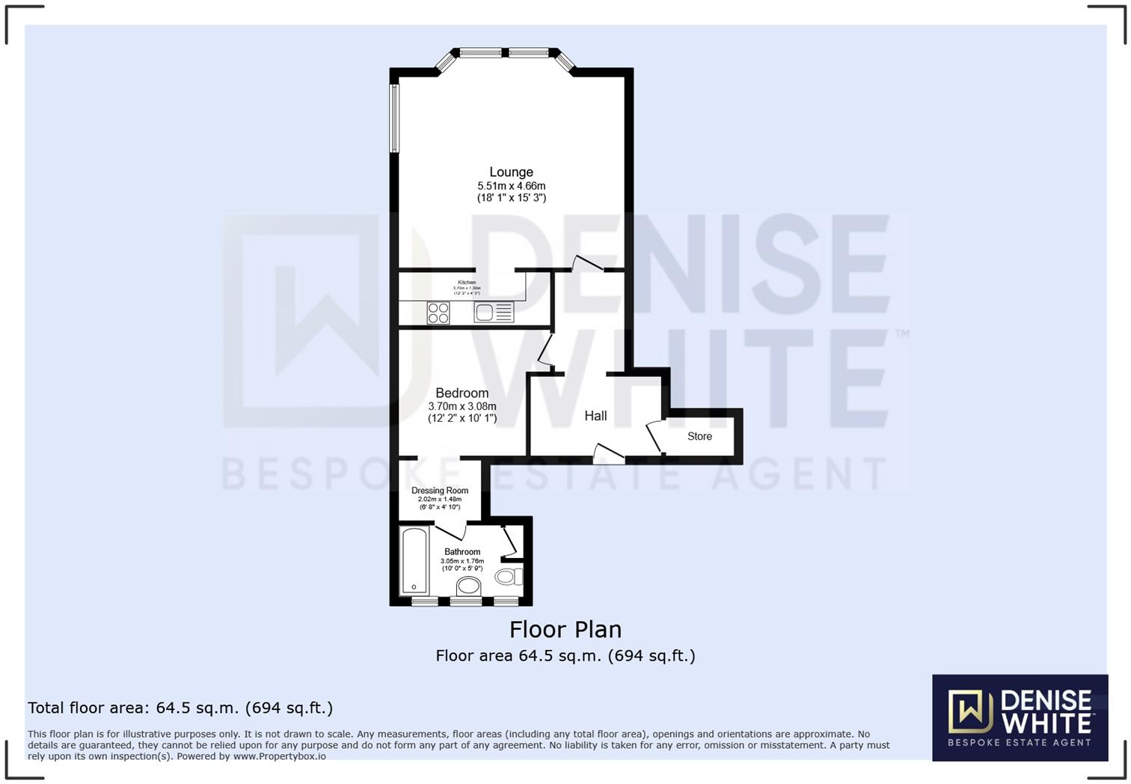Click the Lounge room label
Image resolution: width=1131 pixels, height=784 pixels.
tap(511, 172)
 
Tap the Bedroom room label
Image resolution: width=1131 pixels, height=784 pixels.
tap(462, 393)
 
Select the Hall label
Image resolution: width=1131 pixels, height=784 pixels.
tap(595, 416)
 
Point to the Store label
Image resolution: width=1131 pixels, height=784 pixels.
tap(699, 436)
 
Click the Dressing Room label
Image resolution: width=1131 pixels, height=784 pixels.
tap(440, 491)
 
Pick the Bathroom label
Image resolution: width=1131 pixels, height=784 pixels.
tap(462, 552)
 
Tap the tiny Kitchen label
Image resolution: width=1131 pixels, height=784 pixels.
tap(467, 282)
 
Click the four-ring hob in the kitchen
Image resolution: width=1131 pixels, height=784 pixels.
tap(438, 313)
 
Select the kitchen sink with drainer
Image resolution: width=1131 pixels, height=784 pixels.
tap(494, 312)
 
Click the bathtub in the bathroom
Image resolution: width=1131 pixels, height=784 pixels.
tap(414, 561)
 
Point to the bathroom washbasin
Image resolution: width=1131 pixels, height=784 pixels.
tap(469, 586)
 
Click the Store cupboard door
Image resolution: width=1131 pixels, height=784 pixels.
tap(655, 438)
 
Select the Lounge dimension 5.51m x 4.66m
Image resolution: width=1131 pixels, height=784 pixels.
tap(511, 186)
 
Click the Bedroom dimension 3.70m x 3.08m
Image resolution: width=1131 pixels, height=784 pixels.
tap(462, 406)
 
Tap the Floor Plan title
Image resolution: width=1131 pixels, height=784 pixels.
tap(565, 629)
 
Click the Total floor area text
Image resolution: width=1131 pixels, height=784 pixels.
tap(180, 708)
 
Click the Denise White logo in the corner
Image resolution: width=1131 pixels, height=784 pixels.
tap(1020, 717)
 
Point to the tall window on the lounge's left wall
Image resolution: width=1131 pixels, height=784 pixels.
tap(393, 118)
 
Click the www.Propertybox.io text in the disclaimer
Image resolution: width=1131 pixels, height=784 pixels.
tap(279, 756)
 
